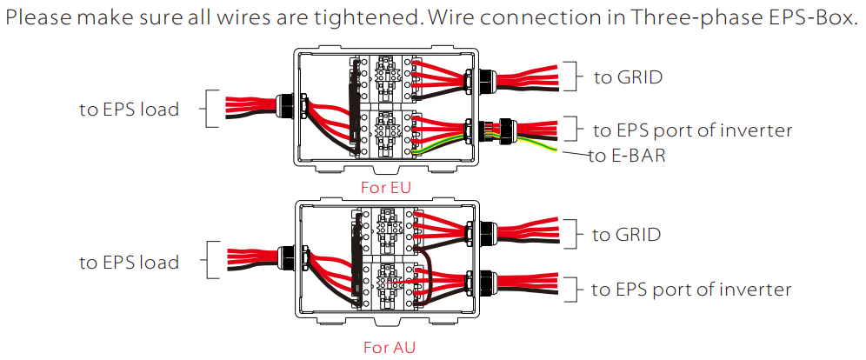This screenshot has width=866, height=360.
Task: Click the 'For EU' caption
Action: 386,187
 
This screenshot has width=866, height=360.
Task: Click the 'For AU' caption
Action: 389,348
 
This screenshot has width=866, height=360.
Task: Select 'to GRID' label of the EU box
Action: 628,77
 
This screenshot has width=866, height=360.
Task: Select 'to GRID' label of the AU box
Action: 626,235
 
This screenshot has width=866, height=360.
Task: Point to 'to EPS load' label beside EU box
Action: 129,110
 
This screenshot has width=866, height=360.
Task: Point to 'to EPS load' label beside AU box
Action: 129,263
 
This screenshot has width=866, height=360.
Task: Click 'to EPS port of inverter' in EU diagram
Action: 692,130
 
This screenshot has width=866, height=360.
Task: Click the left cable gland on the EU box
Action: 285,107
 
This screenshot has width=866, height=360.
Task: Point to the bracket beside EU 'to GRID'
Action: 575,77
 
